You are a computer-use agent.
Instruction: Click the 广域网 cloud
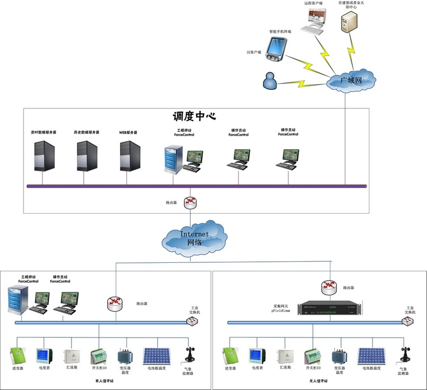[350, 80]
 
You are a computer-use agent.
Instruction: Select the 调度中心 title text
[194, 116]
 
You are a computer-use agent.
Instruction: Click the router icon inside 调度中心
[191, 202]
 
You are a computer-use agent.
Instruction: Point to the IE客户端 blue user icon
[270, 81]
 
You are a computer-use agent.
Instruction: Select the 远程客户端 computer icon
[312, 20]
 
